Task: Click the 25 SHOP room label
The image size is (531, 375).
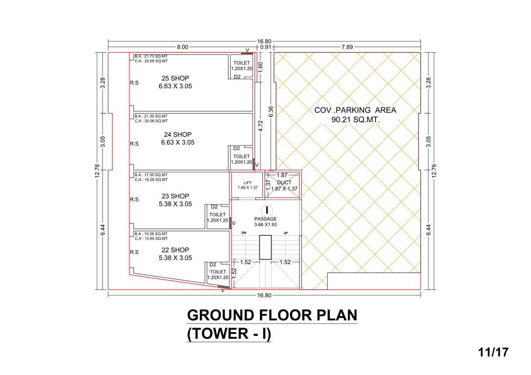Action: click(x=175, y=78)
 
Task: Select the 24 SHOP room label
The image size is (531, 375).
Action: click(x=177, y=134)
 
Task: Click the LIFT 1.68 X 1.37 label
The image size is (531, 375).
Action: click(x=247, y=185)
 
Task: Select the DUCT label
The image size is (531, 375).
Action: click(x=284, y=183)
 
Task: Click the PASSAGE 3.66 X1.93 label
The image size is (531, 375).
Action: click(x=265, y=222)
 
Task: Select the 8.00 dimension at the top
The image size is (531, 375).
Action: click(x=182, y=47)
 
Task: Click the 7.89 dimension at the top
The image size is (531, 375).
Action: click(x=348, y=47)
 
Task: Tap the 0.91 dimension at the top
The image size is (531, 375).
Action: click(x=266, y=47)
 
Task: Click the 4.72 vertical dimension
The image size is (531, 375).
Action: click(x=261, y=126)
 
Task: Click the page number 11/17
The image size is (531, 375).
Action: click(x=493, y=352)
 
